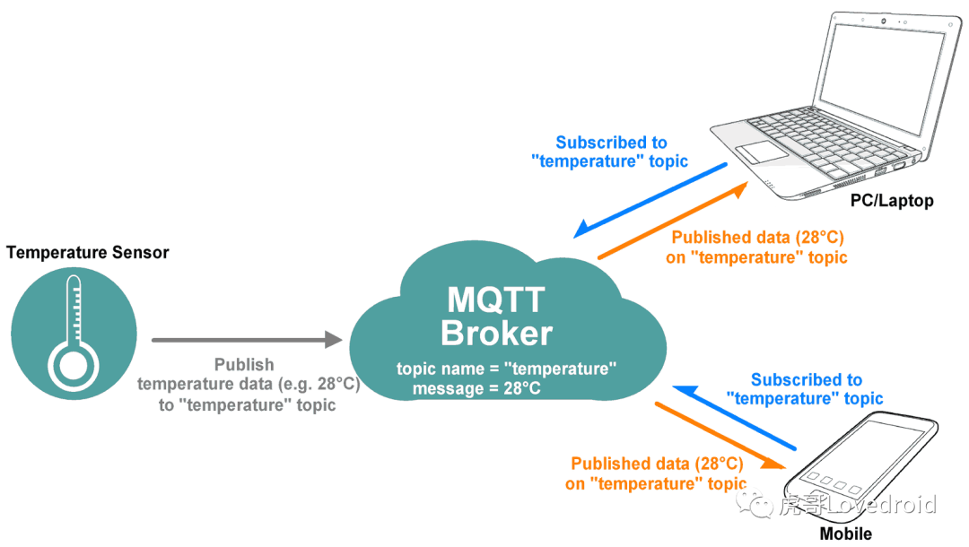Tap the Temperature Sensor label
tap(88, 253)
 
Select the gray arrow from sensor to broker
tap(247, 340)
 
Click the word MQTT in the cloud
tap(496, 300)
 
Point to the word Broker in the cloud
tap(496, 333)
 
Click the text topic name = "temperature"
tap(507, 369)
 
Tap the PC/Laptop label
tap(892, 201)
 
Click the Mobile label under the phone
tap(845, 534)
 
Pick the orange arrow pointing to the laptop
tap(673, 221)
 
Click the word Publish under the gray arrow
tap(244, 365)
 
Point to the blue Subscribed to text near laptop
tap(611, 143)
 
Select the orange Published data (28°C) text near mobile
tap(657, 464)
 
